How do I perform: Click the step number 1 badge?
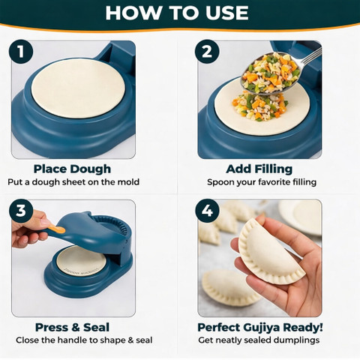pos(21,52)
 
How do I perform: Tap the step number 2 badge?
pos(207,52)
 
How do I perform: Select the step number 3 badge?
pos(21,211)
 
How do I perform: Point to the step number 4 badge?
pos(207,211)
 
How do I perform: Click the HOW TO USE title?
pos(177,13)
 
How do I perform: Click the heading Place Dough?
pos(72,169)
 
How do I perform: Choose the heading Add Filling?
pos(259,169)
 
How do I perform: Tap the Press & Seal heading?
pos(72,327)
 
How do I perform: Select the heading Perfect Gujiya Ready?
pos(260,327)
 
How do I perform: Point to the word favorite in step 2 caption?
pos(271,182)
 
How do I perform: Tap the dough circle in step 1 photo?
pos(78,88)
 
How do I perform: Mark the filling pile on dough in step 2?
pos(261,106)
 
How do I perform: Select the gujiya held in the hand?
pos(272,252)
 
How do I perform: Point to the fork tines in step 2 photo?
pos(313,55)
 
